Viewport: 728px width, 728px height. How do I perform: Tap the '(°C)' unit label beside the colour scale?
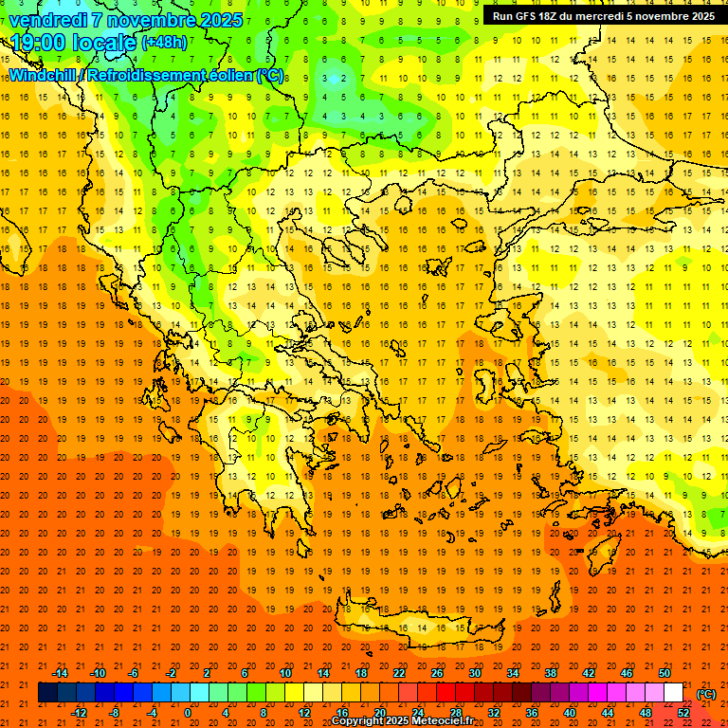pos(706,694)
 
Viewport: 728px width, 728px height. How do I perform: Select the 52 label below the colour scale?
pos(683,713)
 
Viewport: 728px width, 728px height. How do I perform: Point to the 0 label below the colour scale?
pos(188,713)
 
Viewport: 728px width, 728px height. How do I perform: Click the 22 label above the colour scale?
pos(399,672)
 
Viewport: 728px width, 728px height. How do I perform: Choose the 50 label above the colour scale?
pos(664,672)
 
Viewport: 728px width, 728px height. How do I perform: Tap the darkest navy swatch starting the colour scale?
pos(47,693)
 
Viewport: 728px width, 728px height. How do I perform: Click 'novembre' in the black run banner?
pos(658,16)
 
